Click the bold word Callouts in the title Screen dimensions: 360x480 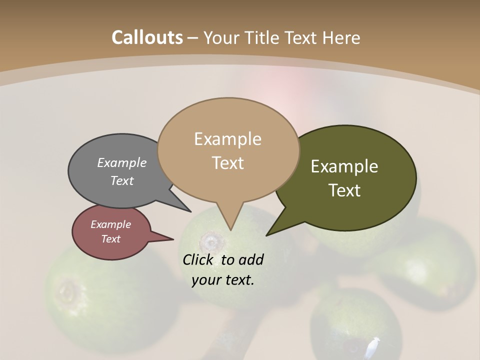click(147, 37)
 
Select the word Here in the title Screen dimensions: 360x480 click(341, 37)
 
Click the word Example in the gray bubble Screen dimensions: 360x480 click(122, 162)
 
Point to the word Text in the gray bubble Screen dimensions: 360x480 click(122, 180)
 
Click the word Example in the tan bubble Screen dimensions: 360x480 click(227, 139)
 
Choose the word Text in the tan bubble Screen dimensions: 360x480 click(227, 163)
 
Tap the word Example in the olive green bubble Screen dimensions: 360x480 click(344, 166)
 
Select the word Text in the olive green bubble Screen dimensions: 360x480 click(344, 190)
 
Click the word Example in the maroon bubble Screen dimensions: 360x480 click(110, 224)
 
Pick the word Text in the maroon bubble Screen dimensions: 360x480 click(110, 239)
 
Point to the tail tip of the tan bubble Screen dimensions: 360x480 click(230, 229)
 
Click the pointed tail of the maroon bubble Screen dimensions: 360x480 click(172, 239)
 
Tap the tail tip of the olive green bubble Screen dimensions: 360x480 click(267, 234)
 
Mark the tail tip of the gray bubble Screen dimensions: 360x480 click(190, 211)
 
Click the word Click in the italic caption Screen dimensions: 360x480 click(198, 260)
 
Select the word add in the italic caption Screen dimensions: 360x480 click(251, 260)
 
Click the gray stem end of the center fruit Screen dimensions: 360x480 click(212, 243)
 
